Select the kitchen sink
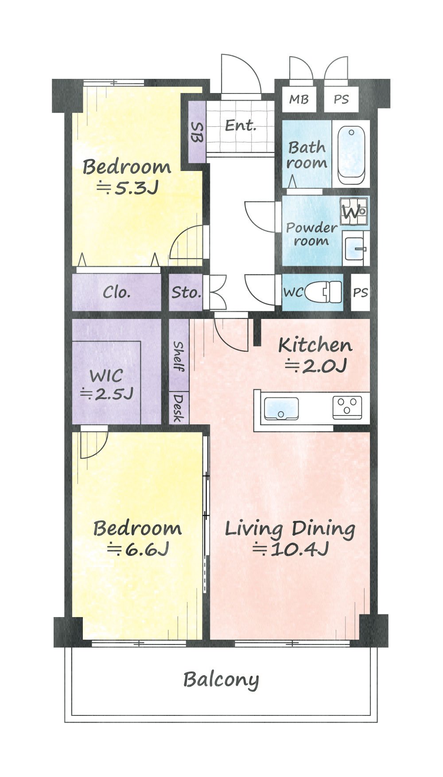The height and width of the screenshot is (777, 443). (x=281, y=408)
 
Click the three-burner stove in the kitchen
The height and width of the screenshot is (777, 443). (x=347, y=407)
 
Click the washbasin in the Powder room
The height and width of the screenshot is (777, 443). (x=355, y=249)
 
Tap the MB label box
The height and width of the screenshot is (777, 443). (x=299, y=100)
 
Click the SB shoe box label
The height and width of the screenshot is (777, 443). (x=197, y=132)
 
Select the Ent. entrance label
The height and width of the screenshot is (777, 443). (x=241, y=125)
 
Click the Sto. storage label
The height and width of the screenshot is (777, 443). (x=186, y=292)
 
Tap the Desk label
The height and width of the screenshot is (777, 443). (x=179, y=408)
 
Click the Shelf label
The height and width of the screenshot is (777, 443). (x=179, y=356)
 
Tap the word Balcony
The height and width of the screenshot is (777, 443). (x=221, y=680)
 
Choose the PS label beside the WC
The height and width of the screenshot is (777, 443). (x=361, y=293)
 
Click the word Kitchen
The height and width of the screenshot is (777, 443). (x=315, y=345)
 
